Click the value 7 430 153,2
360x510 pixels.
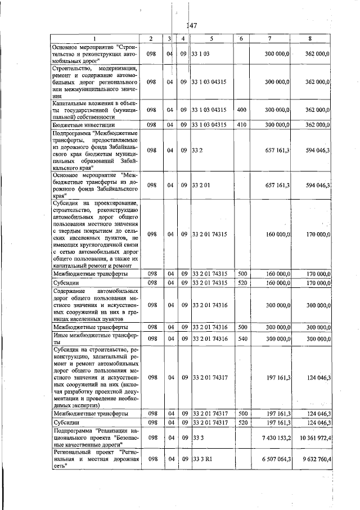(274, 437)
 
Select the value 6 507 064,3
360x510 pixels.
(274, 459)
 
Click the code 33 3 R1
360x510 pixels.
(202, 459)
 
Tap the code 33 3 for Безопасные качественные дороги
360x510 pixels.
(198, 437)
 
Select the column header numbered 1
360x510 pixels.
(94, 38)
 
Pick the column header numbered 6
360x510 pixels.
(241, 38)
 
